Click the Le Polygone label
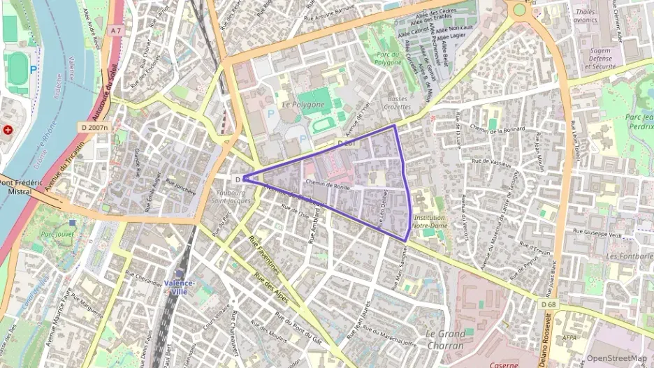tap(303, 105)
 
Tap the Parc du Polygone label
tap(388, 59)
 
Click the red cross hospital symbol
tap(8, 130)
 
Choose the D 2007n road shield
tap(93, 128)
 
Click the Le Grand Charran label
tap(444, 340)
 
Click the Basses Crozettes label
tap(397, 103)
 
